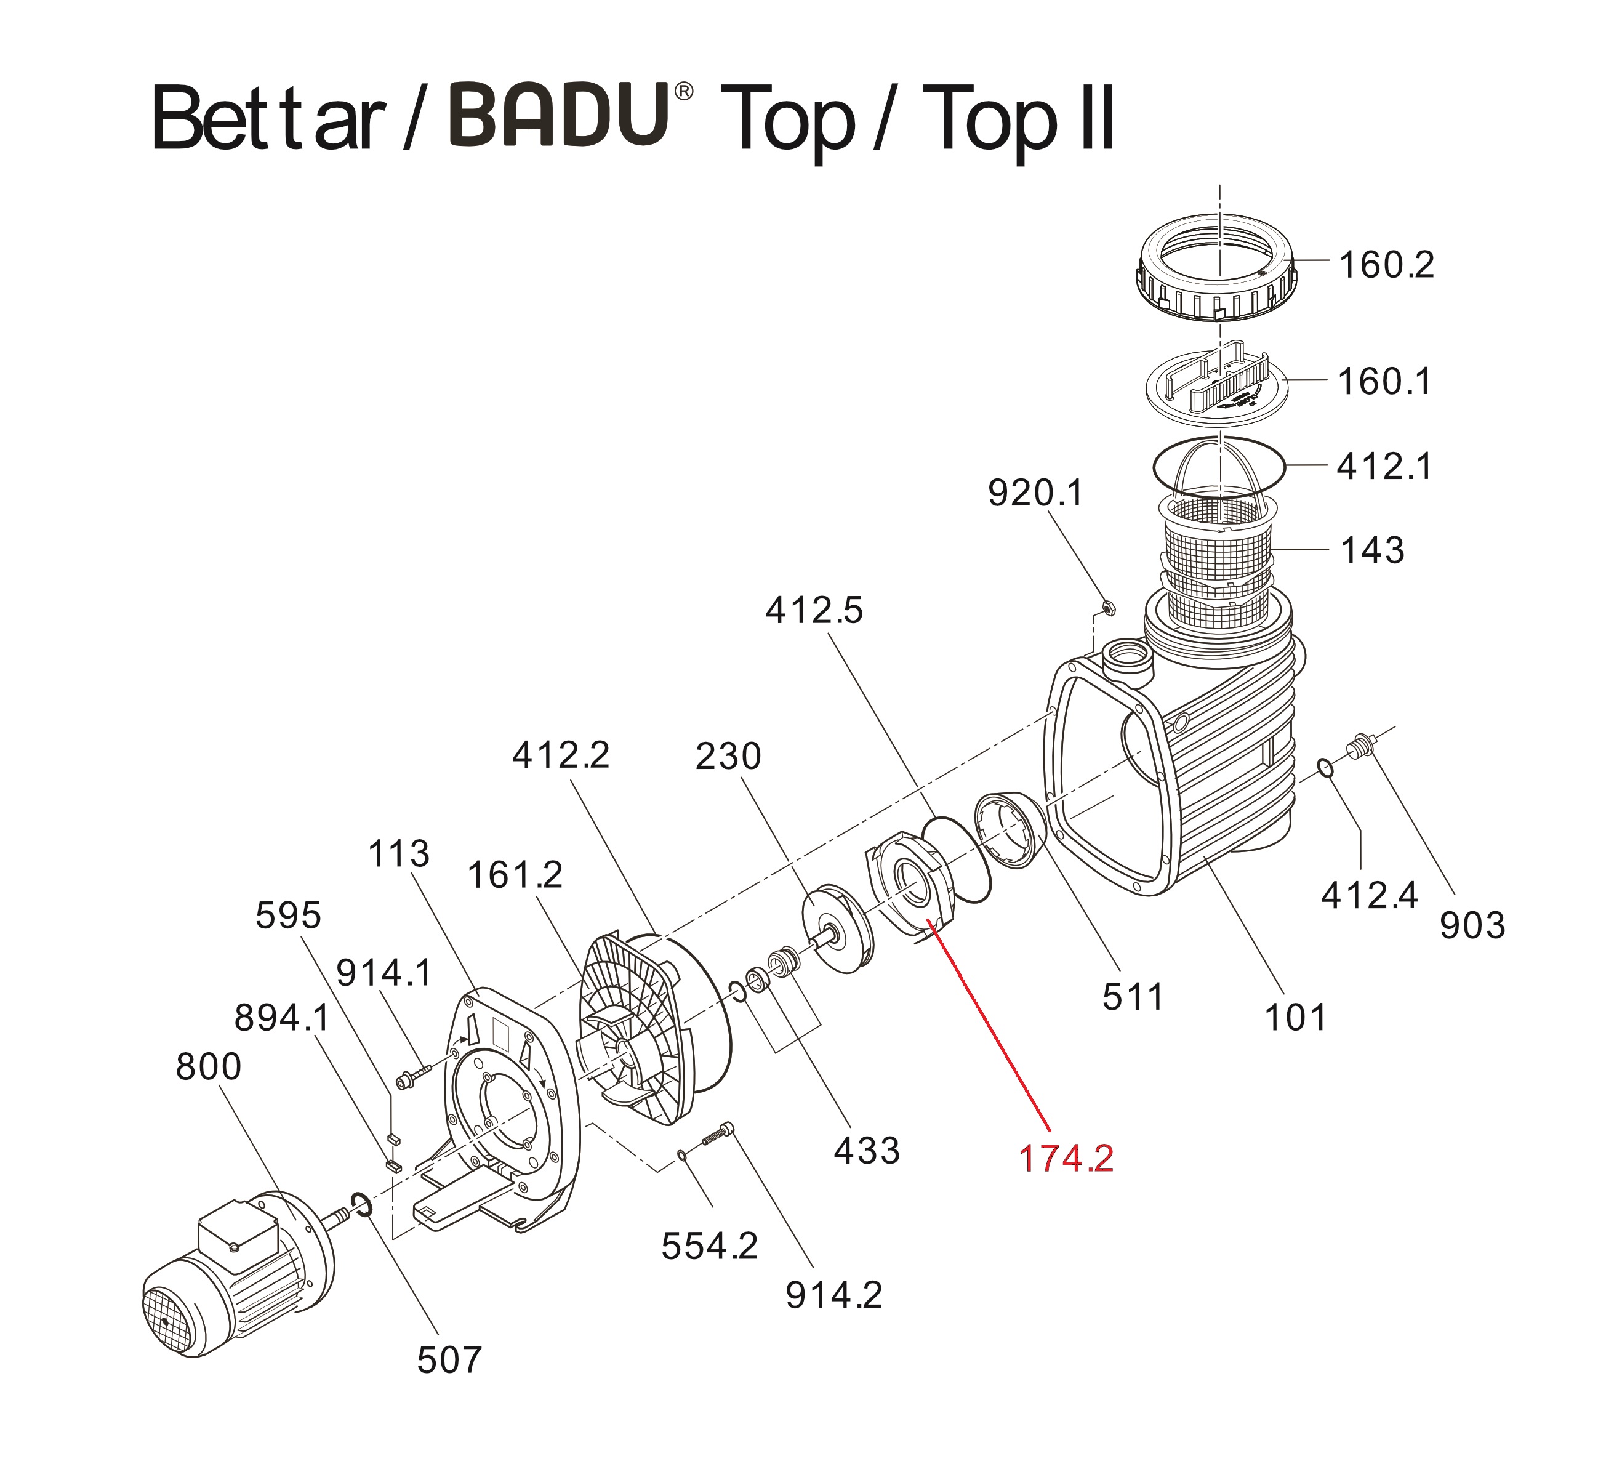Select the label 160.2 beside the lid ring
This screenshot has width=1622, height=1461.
coord(1386,265)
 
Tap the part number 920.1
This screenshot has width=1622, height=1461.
coord(1035,493)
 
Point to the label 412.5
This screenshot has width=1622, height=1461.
coord(813,611)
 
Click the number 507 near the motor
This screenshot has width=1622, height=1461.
coord(449,1361)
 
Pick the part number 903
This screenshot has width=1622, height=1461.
coord(1472,925)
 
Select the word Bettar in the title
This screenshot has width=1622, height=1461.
coord(269,119)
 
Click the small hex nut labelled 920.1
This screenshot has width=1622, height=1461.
coord(1107,608)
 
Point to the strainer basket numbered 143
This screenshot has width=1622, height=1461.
coord(1218,554)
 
